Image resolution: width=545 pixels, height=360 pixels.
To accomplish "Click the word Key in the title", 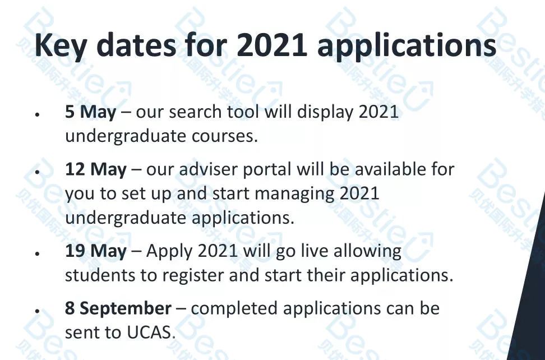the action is [x=60, y=46].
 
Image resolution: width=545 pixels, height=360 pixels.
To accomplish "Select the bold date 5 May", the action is [x=90, y=113].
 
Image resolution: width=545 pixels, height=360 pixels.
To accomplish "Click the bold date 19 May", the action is [x=95, y=251].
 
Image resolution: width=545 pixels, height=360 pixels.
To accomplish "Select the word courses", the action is [x=224, y=136].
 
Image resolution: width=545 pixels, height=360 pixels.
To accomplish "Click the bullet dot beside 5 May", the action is [x=37, y=114].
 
